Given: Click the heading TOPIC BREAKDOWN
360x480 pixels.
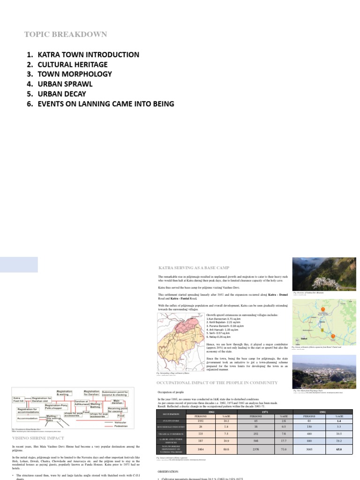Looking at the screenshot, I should click(66, 34).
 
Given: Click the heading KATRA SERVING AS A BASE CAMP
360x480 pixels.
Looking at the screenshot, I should click(194, 267).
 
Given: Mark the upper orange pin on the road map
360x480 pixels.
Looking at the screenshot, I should click(322, 304).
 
